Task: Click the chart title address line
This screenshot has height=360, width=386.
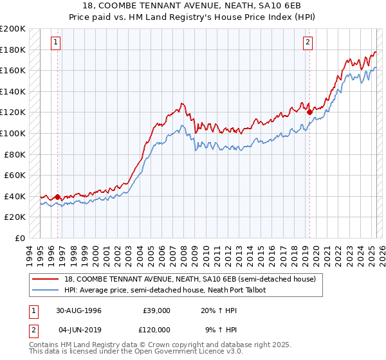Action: coord(192,6)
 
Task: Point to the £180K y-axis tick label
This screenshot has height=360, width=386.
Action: coord(14,50)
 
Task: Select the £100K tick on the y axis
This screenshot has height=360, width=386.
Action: coord(14,133)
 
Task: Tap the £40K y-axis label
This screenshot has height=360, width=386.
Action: coord(15,196)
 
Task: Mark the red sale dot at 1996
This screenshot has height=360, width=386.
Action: coord(57,197)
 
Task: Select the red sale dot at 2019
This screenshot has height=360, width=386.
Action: coord(310,112)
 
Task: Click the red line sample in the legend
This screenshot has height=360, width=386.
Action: coord(45,280)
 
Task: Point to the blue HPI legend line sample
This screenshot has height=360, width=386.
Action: coord(45,291)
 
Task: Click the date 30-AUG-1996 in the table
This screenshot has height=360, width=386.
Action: coord(79,310)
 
